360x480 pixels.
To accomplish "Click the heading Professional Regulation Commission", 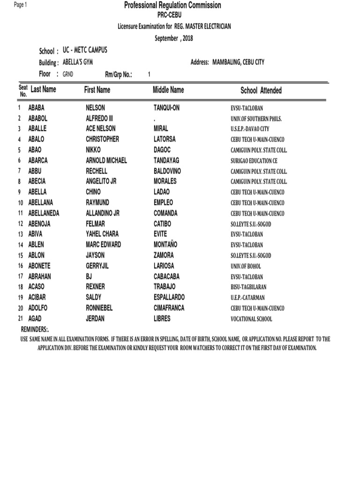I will pyautogui.click(x=172, y=5).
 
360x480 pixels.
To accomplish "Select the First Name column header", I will pyautogui.click(x=97, y=90).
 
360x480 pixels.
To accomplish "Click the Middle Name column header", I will pyautogui.click(x=168, y=90).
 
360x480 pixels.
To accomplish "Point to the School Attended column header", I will pyautogui.click(x=261, y=90).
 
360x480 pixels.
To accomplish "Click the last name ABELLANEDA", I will pyautogui.click(x=44, y=213).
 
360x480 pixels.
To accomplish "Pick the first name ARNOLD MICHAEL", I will pyautogui.click(x=106, y=160).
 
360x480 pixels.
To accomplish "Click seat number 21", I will pyautogui.click(x=21, y=319).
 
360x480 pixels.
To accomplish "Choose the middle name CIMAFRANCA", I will pyautogui.click(x=169, y=308).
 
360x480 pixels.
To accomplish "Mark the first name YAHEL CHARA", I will pyautogui.click(x=102, y=234).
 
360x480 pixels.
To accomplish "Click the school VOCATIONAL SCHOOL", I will pyautogui.click(x=251, y=319).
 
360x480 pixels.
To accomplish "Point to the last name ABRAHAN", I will pyautogui.click(x=40, y=277).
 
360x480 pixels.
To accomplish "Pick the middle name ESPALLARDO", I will pyautogui.click(x=169, y=298).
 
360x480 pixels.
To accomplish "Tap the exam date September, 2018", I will pyautogui.click(x=174, y=38).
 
